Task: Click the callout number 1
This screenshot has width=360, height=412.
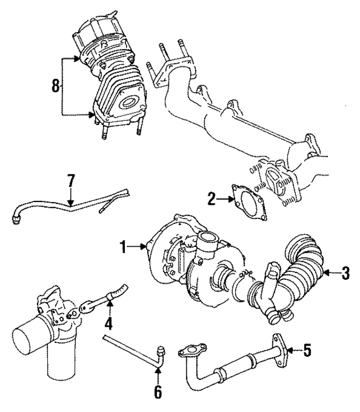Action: pyautogui.click(x=123, y=245)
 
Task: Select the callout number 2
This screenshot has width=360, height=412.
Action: pyautogui.click(x=210, y=199)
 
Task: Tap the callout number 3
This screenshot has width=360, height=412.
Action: pyautogui.click(x=345, y=275)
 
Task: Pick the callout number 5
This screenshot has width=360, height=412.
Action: pyautogui.click(x=307, y=351)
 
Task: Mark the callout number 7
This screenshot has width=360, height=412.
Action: pyautogui.click(x=71, y=181)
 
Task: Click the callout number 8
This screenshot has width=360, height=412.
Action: pyautogui.click(x=55, y=86)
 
